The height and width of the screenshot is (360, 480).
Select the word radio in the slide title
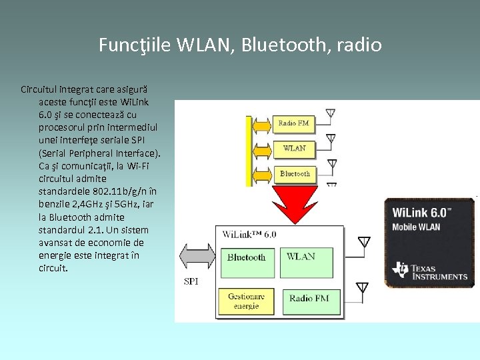[359, 45]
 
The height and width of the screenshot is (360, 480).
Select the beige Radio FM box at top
[293, 123]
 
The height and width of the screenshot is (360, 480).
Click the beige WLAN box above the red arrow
[294, 148]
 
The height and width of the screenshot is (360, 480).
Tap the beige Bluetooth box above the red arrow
[294, 173]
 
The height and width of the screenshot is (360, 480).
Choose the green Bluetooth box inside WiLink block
[246, 257]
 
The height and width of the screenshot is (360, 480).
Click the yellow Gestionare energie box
[246, 301]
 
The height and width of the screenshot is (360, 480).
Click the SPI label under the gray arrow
[191, 281]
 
